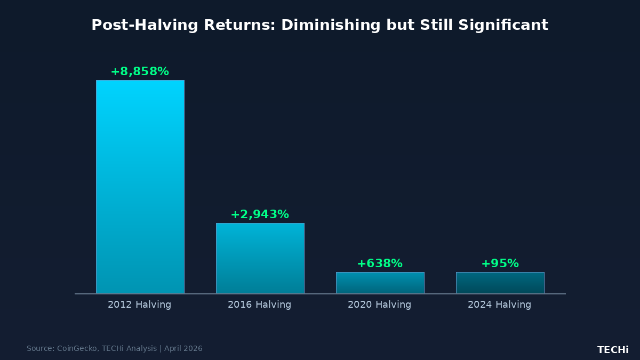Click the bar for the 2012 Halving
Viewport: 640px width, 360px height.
[x=140, y=187]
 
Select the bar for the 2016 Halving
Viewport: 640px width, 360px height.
[x=260, y=258]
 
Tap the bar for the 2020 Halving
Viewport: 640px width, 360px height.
[x=380, y=283]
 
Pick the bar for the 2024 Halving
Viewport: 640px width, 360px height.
[x=500, y=283]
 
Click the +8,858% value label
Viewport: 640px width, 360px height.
[x=140, y=71]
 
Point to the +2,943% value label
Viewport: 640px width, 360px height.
[x=260, y=214]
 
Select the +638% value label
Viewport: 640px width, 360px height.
[x=380, y=263]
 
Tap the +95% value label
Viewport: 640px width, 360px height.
[x=500, y=263]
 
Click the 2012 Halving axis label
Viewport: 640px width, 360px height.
[x=140, y=305]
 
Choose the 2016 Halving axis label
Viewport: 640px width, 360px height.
[x=260, y=305]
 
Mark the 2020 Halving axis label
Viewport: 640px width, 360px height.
[x=380, y=305]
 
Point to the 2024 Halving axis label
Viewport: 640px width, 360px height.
[x=500, y=305]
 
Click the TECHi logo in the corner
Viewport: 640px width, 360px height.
[x=613, y=350]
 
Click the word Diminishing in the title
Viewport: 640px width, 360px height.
[x=331, y=25]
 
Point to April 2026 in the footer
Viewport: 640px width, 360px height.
[x=183, y=349]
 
